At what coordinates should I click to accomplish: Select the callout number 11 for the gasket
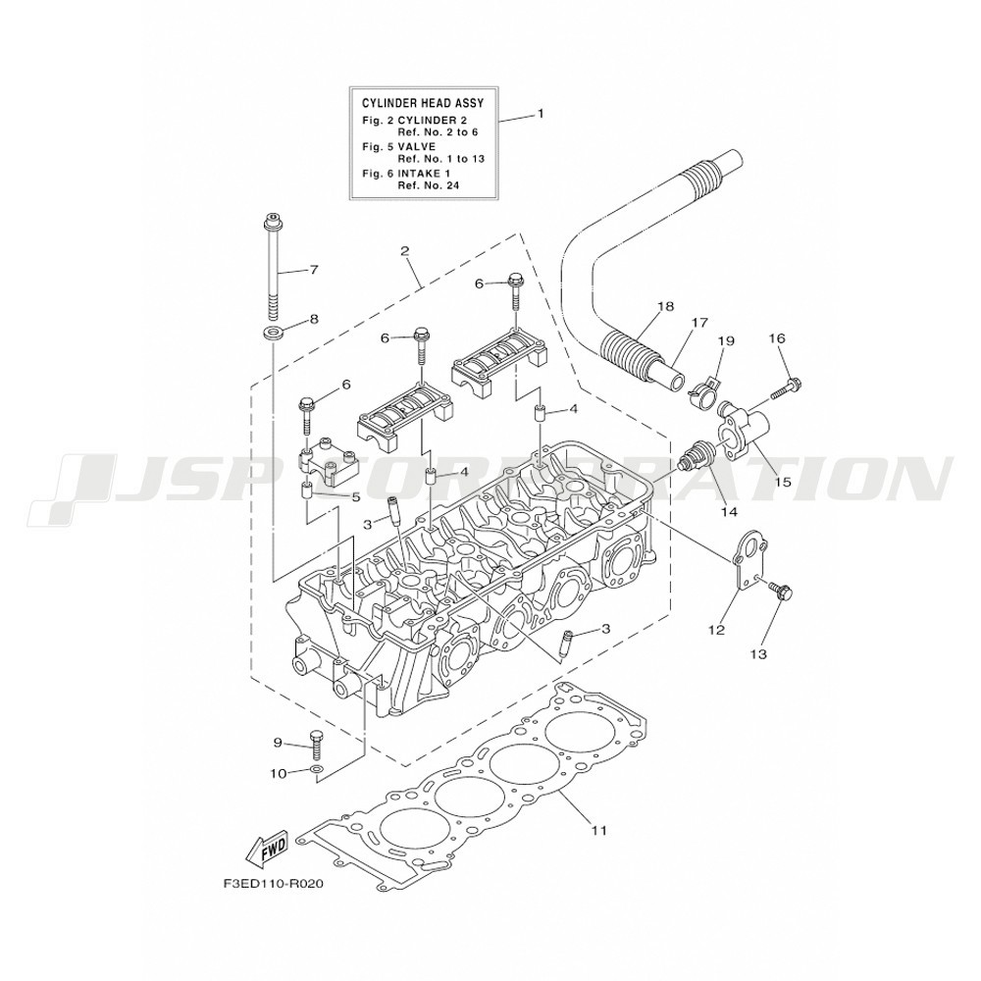point(598,830)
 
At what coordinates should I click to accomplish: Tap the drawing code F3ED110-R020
point(273,885)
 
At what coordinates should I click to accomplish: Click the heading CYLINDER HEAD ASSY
point(423,103)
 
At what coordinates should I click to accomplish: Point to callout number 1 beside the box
point(541,114)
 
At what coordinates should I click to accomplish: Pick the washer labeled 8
point(272,331)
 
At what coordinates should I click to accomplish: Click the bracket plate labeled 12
point(751,560)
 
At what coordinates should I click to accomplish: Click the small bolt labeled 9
point(315,745)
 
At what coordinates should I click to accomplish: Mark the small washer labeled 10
point(317,768)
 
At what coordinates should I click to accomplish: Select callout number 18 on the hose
point(666,306)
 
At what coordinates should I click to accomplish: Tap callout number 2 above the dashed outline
point(405,251)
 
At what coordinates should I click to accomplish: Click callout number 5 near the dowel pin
point(355,497)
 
